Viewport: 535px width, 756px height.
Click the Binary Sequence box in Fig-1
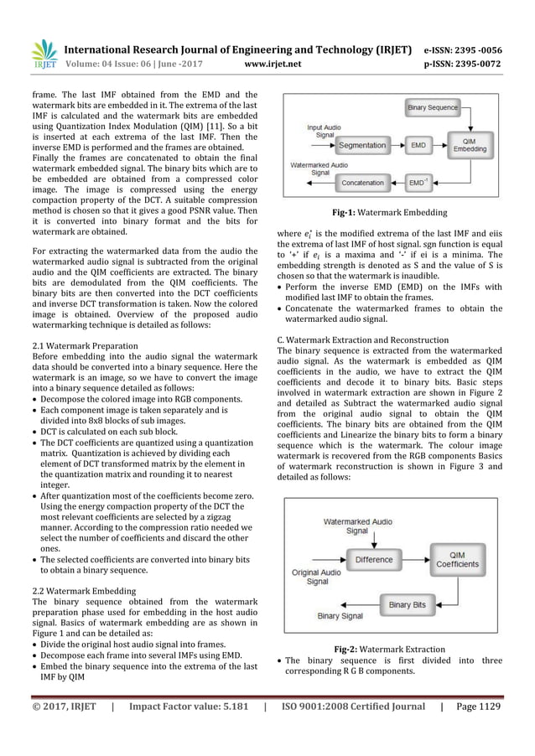click(x=432, y=108)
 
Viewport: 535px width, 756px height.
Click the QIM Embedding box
click(x=469, y=144)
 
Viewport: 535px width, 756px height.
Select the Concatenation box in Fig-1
click(x=362, y=182)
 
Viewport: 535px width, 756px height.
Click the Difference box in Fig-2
click(x=373, y=559)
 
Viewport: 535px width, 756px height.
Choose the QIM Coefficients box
click(x=458, y=559)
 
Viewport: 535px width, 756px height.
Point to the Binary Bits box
click(x=406, y=604)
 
